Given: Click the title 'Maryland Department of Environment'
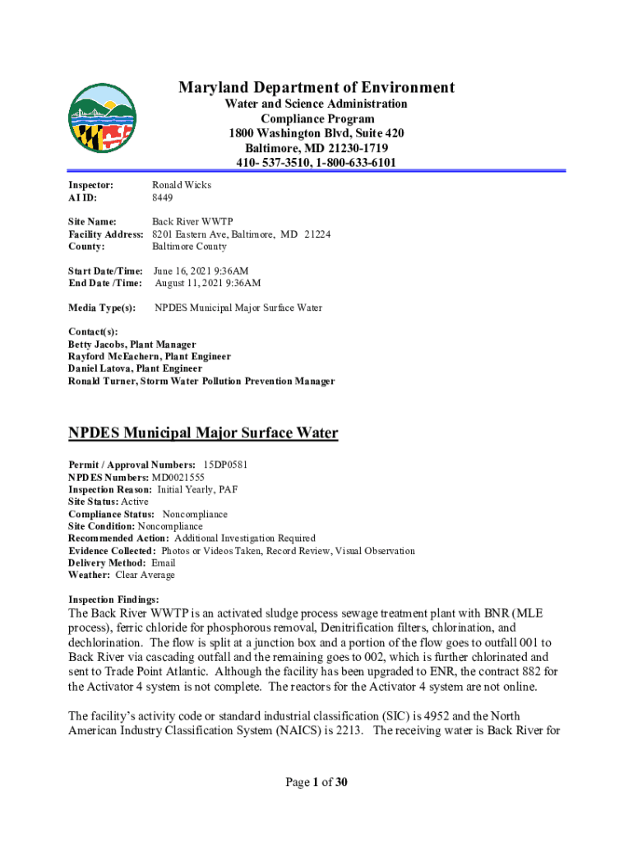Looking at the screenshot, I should pos(316,88).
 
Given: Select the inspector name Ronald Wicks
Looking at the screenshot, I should pos(181,185).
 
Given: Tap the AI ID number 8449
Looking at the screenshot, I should pos(162,198).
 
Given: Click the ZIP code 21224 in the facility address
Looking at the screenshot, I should pos(317,234).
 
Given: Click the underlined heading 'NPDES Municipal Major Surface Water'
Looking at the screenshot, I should pos(202,433).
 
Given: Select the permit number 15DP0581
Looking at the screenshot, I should pos(225,465).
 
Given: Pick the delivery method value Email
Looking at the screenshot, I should pos(164,563).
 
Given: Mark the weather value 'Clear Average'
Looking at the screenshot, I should pos(146,576).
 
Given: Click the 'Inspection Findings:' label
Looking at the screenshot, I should pos(113,599).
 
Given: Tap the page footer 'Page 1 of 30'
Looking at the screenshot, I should pos(316,782).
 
